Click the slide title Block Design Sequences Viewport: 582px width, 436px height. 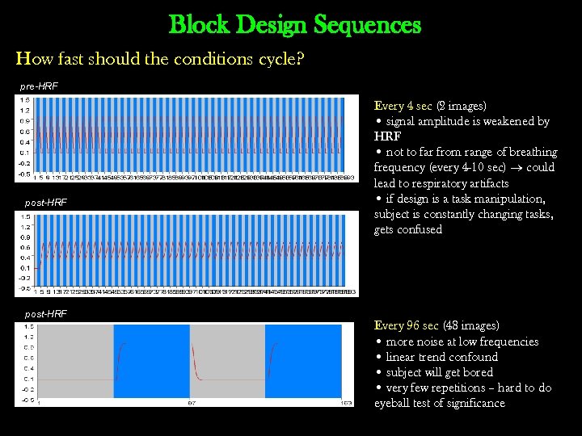click(295, 25)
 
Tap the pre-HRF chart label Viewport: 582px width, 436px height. click(40, 86)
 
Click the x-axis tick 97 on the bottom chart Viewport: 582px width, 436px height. click(192, 402)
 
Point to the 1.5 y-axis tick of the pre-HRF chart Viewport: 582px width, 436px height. click(25, 100)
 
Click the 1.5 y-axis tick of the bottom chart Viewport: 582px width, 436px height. click(27, 326)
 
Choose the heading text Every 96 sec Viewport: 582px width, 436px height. click(406, 325)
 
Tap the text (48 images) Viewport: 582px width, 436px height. click(469, 325)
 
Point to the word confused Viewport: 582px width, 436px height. click(420, 229)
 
